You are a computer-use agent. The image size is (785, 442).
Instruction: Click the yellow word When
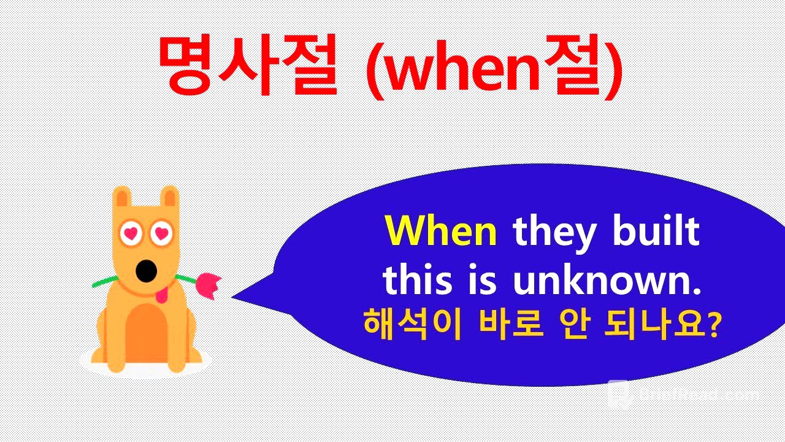[x=440, y=231]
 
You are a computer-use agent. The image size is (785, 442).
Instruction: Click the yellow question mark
[x=713, y=324]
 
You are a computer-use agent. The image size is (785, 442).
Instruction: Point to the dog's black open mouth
[x=145, y=271]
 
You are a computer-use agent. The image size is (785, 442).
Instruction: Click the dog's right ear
[x=170, y=197]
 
